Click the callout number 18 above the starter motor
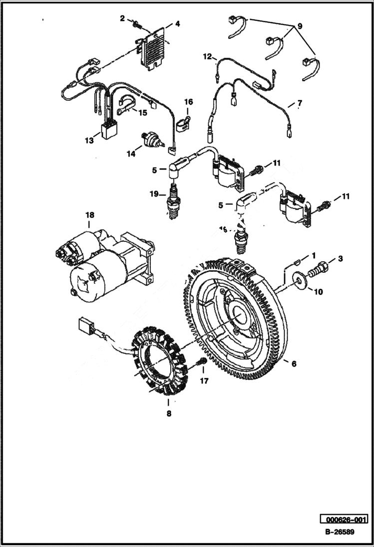pos(89,215)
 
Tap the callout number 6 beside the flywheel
pos(294,364)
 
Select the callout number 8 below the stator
pos(169,413)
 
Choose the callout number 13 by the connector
pos(89,141)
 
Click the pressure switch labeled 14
pos(150,140)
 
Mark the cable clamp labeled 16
pos(183,122)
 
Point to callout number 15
pos(143,113)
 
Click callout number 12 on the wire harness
pos(208,57)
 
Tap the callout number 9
pos(300,25)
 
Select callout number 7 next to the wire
pos(300,104)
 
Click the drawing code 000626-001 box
pos(344,519)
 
